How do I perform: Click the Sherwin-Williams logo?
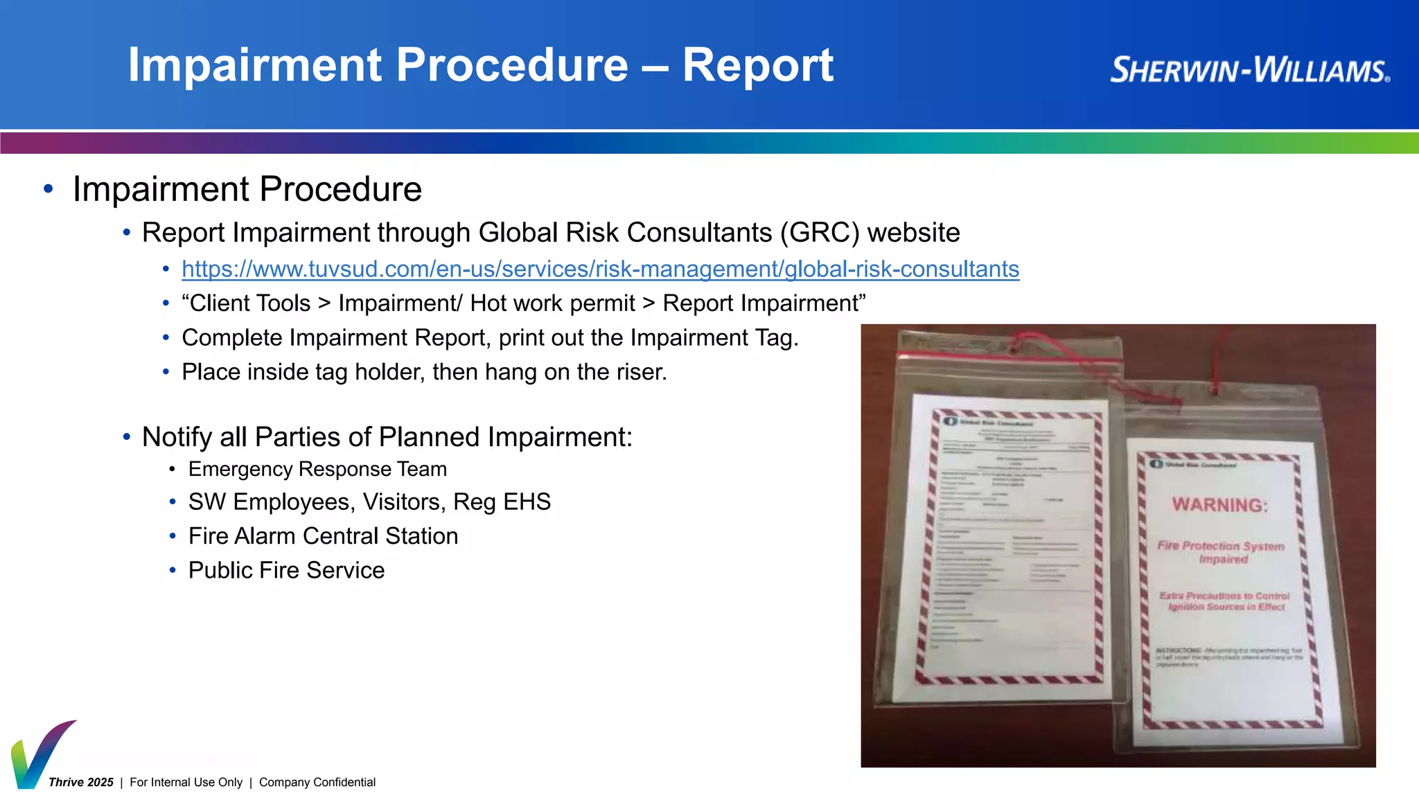point(1249,70)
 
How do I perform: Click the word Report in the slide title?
point(758,65)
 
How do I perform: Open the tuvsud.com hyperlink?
point(600,269)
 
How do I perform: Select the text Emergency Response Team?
point(317,469)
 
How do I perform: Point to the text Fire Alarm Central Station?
point(323,536)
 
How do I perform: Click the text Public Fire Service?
point(286,570)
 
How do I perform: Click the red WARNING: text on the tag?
point(1219,505)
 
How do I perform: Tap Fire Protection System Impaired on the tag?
point(1221,552)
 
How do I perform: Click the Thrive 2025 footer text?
point(81,782)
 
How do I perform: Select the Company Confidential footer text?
point(317,782)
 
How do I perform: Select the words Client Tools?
point(250,303)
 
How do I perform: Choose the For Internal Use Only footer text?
point(186,782)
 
